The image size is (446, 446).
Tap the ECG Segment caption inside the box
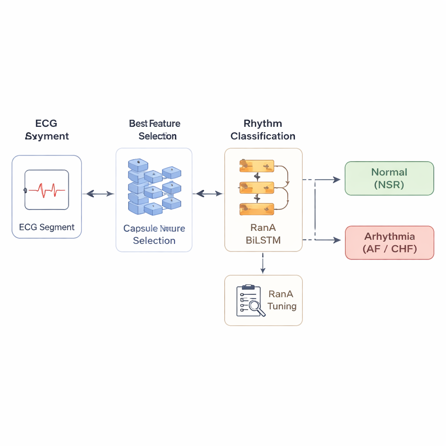47,227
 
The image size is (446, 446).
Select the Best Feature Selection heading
155,130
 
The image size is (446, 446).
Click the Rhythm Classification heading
263,130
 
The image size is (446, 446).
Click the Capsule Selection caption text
154,234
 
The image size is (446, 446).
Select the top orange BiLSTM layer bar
257,166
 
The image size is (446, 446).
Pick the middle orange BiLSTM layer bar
257,188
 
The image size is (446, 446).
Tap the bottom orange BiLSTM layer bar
257,209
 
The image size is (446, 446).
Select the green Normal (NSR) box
389,178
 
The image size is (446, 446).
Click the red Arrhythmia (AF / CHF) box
389,243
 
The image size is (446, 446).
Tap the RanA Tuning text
282,300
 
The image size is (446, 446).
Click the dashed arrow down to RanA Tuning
263,264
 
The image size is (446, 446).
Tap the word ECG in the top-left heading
46,124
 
